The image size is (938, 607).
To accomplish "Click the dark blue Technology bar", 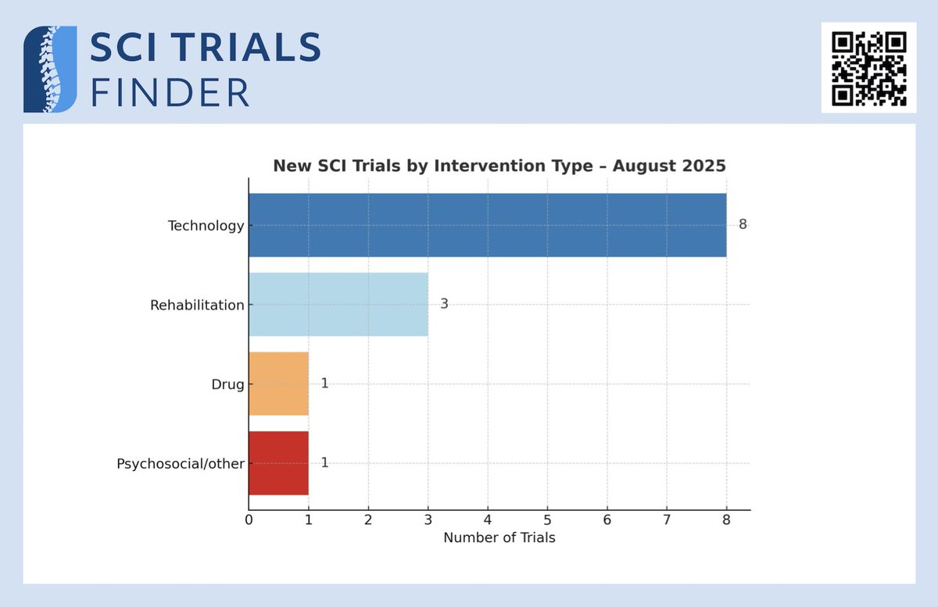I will click(x=487, y=225).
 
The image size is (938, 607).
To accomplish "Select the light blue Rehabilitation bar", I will click(x=338, y=305).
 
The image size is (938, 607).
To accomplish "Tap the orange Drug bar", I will click(x=278, y=384).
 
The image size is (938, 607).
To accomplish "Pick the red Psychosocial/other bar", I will click(x=278, y=462).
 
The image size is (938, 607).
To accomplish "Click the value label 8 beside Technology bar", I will click(x=743, y=225).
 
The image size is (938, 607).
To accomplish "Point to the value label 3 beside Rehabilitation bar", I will click(x=444, y=305).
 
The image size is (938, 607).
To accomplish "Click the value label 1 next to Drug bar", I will click(x=324, y=384).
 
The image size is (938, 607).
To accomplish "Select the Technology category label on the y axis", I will click(x=206, y=226).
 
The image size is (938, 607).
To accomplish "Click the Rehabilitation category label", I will click(x=197, y=305).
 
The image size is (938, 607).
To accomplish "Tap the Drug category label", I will click(x=228, y=384).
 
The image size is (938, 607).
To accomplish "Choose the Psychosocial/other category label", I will click(x=181, y=464).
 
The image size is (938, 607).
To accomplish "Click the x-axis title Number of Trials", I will click(x=499, y=538).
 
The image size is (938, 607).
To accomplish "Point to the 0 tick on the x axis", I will click(x=249, y=520).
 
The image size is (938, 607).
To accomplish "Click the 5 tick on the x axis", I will click(x=547, y=520).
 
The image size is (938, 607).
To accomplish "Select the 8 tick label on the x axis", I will click(x=726, y=520).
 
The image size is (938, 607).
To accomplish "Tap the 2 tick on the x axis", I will click(x=368, y=520).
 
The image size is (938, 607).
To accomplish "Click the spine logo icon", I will click(x=50, y=69).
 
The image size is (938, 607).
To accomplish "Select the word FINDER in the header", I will click(x=170, y=92).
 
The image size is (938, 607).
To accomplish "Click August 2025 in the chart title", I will click(x=669, y=166).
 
